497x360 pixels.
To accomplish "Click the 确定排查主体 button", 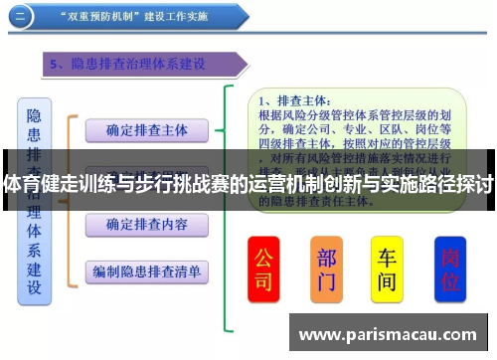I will point(145,129).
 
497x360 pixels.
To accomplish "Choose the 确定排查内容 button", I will point(145,225).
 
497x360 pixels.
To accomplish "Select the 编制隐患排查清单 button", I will point(145,270).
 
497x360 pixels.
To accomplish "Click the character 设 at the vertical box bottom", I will point(34,289).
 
